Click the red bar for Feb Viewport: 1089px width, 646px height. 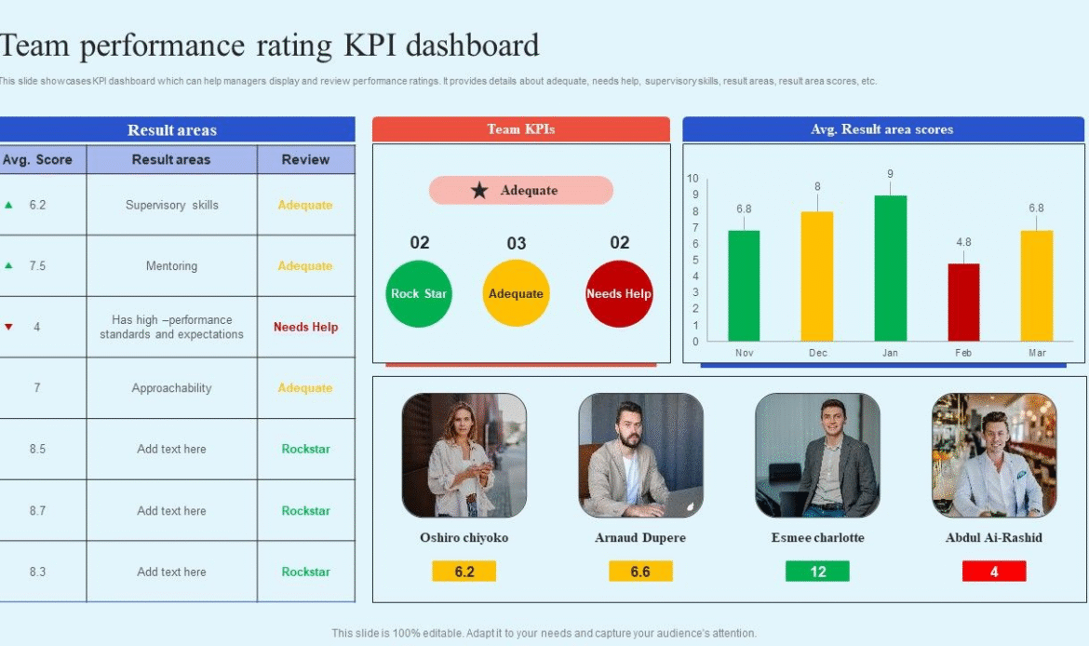point(963,303)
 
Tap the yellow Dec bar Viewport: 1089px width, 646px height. point(817,276)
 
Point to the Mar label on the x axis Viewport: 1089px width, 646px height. point(1036,353)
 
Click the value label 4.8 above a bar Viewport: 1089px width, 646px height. point(963,243)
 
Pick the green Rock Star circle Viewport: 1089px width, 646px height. point(418,294)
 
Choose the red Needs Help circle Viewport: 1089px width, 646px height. point(619,294)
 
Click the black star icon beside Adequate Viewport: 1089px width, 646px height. point(479,191)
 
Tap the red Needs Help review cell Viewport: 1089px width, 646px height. point(305,327)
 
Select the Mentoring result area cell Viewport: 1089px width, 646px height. point(171,266)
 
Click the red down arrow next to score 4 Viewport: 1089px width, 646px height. point(9,327)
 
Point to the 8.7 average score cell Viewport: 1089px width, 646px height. point(37,510)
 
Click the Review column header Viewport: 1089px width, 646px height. point(305,159)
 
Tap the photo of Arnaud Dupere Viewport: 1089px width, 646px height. point(640,455)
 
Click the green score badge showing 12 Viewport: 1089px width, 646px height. point(817,572)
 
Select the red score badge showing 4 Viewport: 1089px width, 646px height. point(994,572)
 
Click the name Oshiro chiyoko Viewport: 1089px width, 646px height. point(464,538)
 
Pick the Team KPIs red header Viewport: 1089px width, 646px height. point(520,129)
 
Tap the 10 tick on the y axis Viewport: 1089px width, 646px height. point(692,178)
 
